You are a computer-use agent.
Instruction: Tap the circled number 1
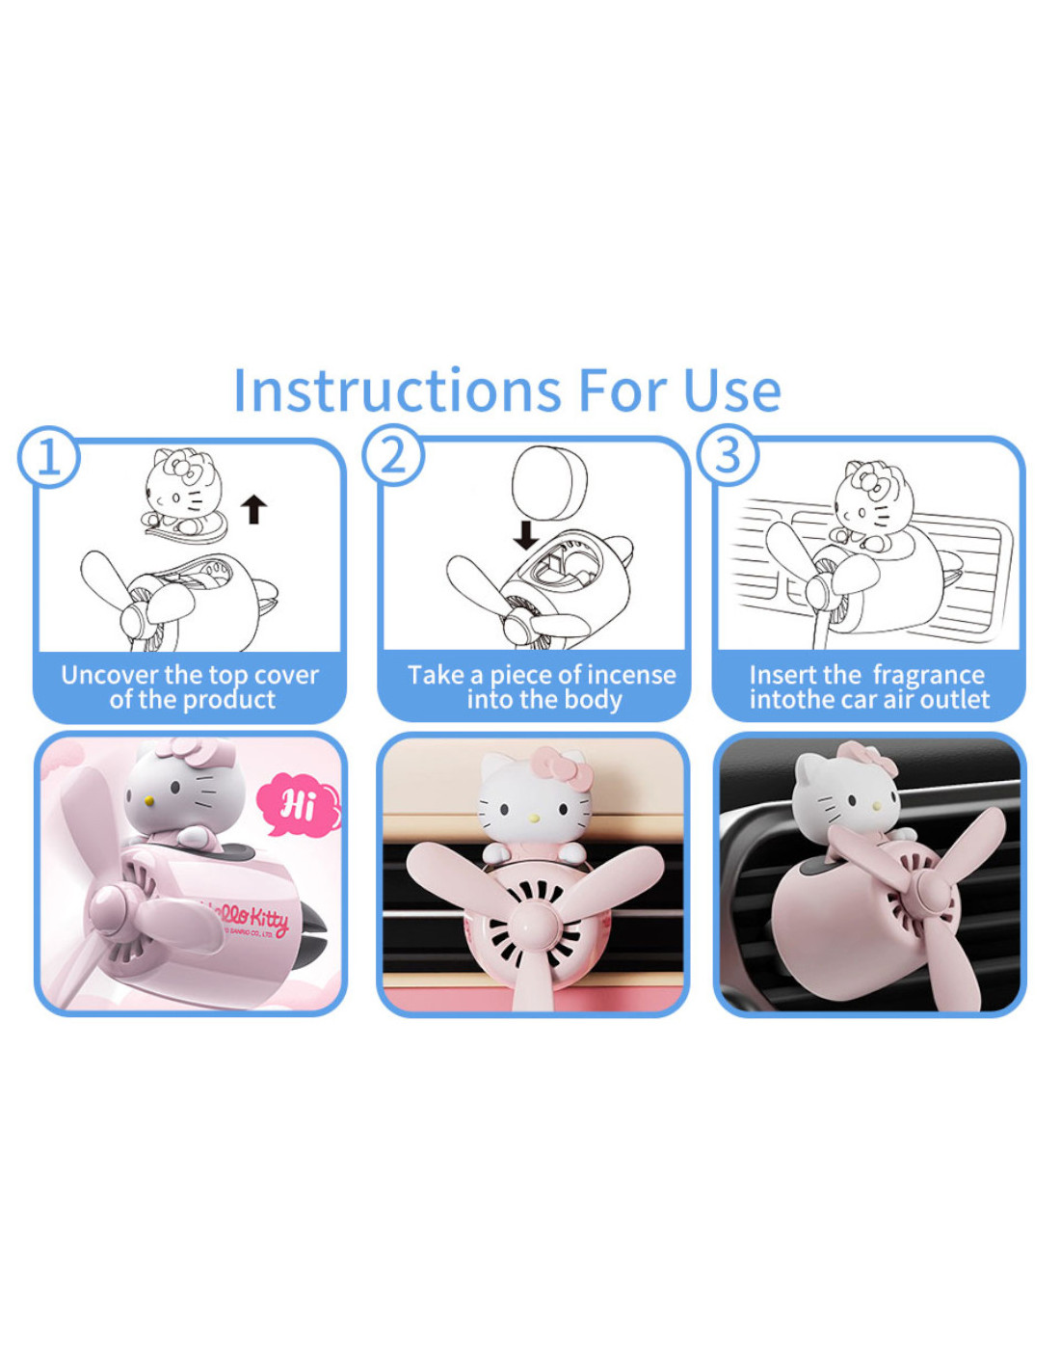click(x=49, y=456)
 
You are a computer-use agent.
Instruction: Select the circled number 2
click(x=393, y=454)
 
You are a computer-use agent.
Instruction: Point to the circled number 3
click(x=728, y=454)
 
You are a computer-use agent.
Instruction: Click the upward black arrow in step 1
click(x=254, y=509)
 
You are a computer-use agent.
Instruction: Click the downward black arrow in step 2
click(x=525, y=535)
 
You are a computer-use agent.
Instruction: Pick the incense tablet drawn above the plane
click(x=548, y=482)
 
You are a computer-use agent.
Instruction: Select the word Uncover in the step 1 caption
click(x=110, y=675)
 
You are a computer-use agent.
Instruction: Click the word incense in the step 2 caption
click(x=630, y=675)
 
